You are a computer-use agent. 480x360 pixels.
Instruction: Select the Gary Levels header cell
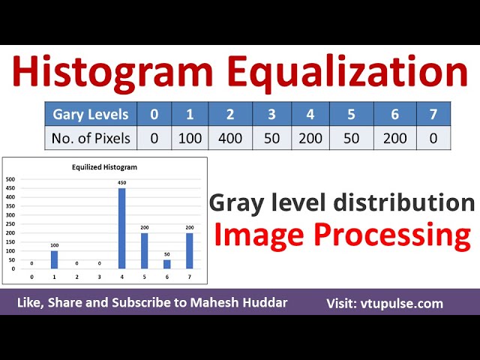[90, 115]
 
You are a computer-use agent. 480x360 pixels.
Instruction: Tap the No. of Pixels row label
[90, 138]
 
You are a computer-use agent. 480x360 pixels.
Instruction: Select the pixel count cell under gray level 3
[271, 138]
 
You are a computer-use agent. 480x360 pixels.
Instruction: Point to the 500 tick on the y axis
[10, 180]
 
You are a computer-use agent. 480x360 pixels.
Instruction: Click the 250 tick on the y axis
[10, 224]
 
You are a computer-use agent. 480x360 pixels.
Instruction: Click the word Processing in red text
[394, 235]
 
